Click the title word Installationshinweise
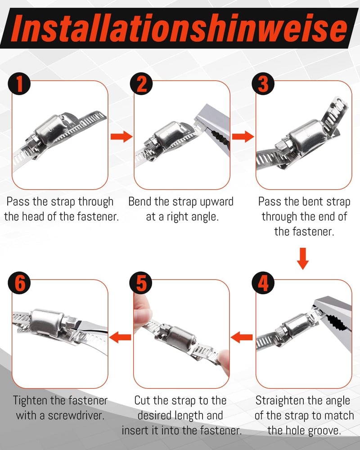[x=180, y=28]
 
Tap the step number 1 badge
[x=19, y=84]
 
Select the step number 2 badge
[x=141, y=84]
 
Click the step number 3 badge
[x=263, y=84]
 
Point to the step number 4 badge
[x=263, y=283]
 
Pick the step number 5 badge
[x=141, y=283]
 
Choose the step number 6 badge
[x=19, y=283]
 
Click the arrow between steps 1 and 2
[x=121, y=136]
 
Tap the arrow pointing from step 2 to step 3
[x=243, y=136]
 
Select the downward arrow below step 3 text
[x=303, y=259]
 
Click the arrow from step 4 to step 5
[x=242, y=337]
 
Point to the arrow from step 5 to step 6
[x=120, y=337]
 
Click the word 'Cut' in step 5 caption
[x=142, y=400]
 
